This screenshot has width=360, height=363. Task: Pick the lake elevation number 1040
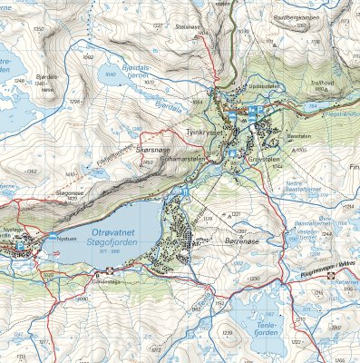(112, 75)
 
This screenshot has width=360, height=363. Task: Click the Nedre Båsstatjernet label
(300, 185)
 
